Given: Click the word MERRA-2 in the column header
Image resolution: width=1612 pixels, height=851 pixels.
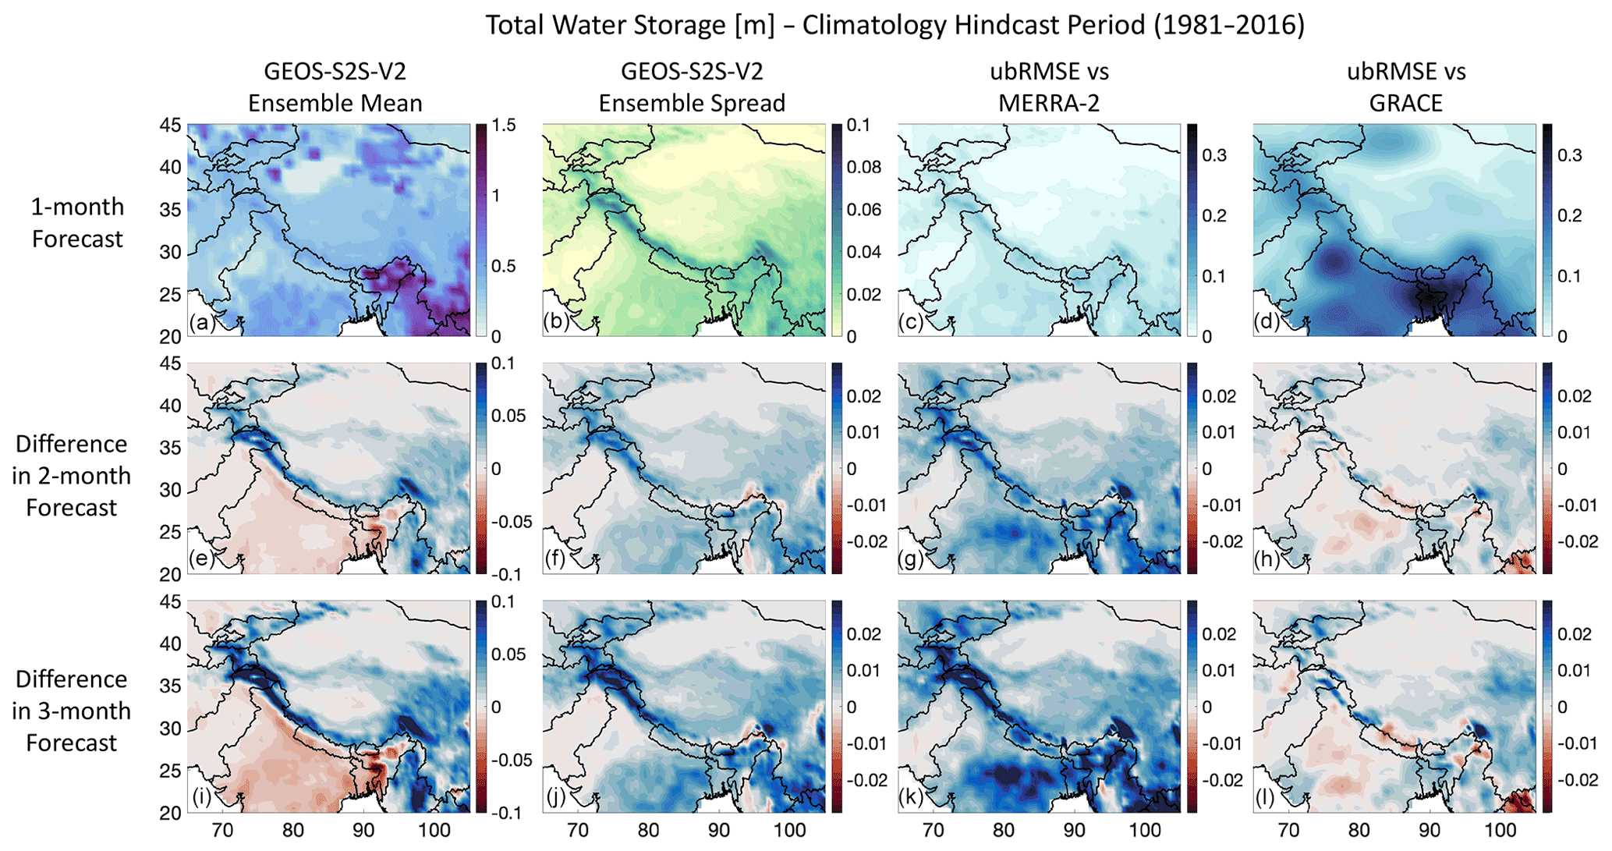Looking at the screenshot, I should tap(1049, 103).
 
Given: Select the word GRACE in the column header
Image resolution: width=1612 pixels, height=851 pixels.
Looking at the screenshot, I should tap(1406, 103).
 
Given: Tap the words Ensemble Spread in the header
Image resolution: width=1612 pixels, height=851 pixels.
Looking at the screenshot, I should tap(692, 103).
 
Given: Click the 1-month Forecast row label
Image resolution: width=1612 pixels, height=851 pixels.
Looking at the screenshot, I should tap(76, 222).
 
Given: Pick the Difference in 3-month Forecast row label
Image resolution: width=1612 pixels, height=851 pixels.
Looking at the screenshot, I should tap(71, 711).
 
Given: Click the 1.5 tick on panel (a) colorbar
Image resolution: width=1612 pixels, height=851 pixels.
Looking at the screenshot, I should tap(505, 126).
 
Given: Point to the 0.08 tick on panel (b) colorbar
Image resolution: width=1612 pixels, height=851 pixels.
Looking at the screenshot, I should tap(865, 167).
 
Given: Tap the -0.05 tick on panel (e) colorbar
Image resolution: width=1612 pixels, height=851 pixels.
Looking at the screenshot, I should tap(512, 522).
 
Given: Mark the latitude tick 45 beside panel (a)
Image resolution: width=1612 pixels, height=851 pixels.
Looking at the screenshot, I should tap(171, 126).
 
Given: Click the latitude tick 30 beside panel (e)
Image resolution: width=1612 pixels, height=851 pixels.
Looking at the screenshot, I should tap(171, 490).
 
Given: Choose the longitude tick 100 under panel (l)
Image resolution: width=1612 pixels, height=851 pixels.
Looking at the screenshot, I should tap(1499, 830).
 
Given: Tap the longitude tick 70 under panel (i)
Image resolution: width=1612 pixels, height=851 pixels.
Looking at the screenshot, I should tap(222, 830).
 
